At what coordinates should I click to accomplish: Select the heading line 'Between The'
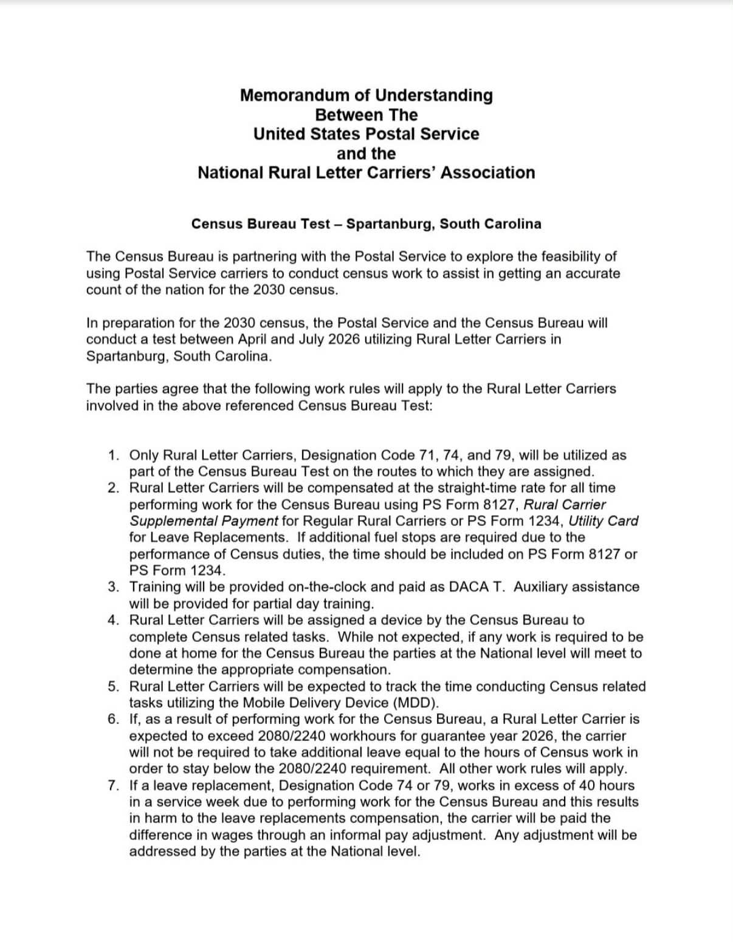pos(366,115)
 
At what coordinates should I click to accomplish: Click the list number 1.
pos(113,456)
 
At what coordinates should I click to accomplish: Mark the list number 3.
pos(113,587)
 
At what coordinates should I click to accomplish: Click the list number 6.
pos(113,720)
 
